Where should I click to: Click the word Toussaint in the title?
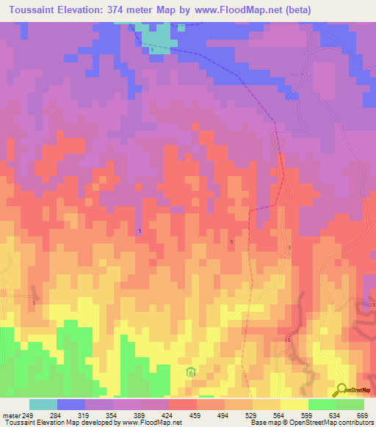[34, 10]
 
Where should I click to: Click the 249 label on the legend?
[29, 415]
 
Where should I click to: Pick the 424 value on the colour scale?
[167, 415]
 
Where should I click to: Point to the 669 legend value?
[362, 415]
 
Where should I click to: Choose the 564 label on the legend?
[279, 415]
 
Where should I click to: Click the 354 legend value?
[112, 415]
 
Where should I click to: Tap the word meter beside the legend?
[10, 415]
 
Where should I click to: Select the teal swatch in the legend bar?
[43, 404]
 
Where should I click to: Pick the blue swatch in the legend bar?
[70, 404]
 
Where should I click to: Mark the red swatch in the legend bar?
[182, 404]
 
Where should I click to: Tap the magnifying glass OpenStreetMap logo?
[341, 390]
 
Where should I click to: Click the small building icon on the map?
[190, 372]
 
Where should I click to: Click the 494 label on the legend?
[223, 415]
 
